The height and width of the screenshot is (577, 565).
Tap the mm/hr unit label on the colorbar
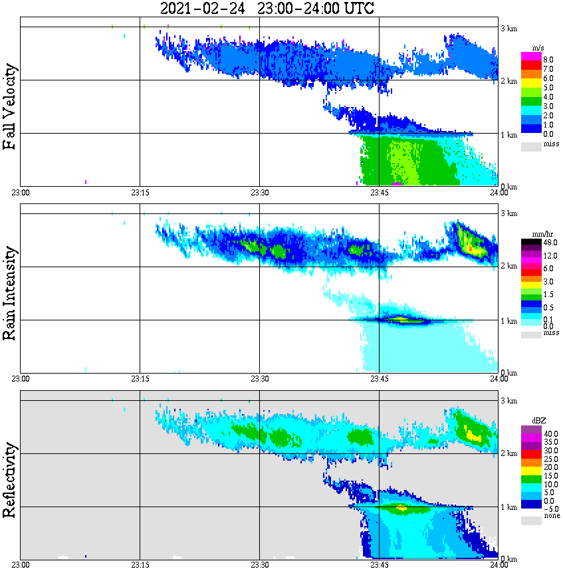pyautogui.click(x=540, y=235)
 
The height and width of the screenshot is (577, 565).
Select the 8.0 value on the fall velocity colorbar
pyautogui.click(x=548, y=59)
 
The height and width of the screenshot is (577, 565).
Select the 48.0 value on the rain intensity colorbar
pyautogui.click(x=550, y=243)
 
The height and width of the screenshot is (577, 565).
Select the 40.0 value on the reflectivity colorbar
pyautogui.click(x=550, y=433)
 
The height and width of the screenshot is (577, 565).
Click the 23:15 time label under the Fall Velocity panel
pyautogui.click(x=140, y=193)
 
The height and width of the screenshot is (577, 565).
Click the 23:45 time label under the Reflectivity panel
pyautogui.click(x=379, y=565)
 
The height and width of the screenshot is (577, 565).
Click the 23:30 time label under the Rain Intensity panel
pyautogui.click(x=259, y=379)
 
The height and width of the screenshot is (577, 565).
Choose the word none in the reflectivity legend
pyautogui.click(x=552, y=516)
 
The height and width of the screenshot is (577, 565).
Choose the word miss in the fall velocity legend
pyautogui.click(x=551, y=144)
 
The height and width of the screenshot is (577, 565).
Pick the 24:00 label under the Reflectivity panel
pyautogui.click(x=499, y=565)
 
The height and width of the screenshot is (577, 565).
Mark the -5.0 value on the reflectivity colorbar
pyautogui.click(x=550, y=509)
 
